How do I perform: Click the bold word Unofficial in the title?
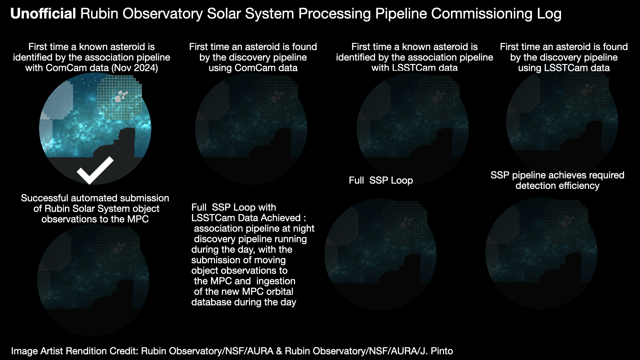[x=43, y=14]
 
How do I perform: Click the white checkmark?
[x=95, y=170]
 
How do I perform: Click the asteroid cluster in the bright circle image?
[x=121, y=96]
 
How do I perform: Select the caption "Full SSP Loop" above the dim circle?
[x=381, y=180]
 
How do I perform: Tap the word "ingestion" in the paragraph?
[x=276, y=281]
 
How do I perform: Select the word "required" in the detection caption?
[x=604, y=175]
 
